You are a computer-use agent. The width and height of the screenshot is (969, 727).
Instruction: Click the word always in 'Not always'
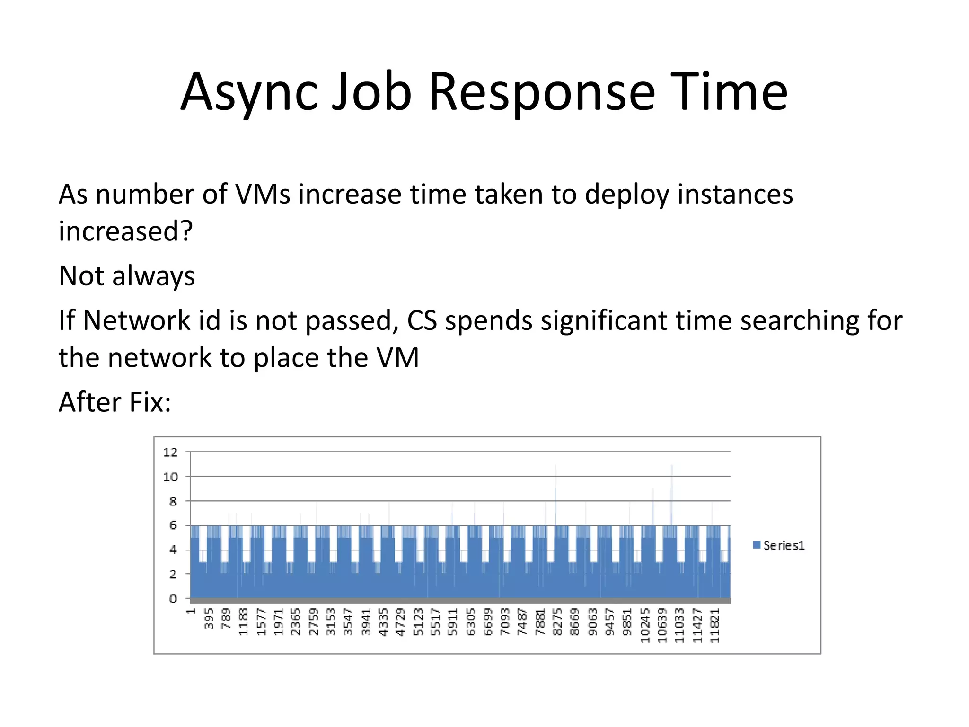click(x=153, y=276)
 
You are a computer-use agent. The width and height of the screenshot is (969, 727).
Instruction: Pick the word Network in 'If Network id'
click(x=136, y=320)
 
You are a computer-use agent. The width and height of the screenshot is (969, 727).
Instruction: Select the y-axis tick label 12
click(x=170, y=452)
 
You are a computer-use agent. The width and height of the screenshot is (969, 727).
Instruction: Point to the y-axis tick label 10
click(x=170, y=477)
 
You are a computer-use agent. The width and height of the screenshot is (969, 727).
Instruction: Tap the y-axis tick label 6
click(x=173, y=525)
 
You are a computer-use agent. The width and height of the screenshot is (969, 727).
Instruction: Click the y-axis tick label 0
click(x=173, y=599)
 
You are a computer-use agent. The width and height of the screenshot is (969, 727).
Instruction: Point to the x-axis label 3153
click(x=331, y=621)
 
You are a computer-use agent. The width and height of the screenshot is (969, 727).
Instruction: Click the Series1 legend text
click(x=784, y=545)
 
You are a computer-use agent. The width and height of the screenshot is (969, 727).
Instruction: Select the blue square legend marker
click(x=757, y=545)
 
